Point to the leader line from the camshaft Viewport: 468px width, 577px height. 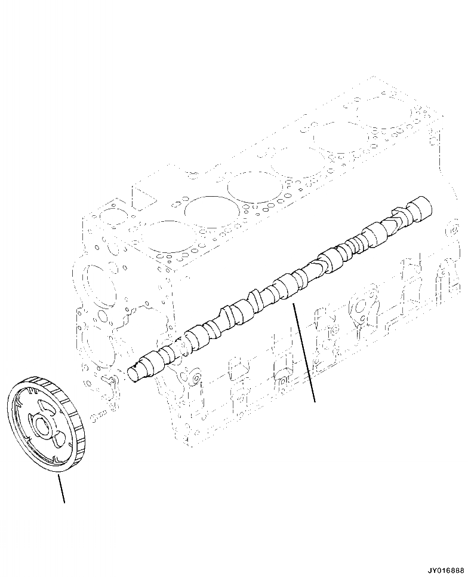304,353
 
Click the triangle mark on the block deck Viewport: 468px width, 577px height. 144,199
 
